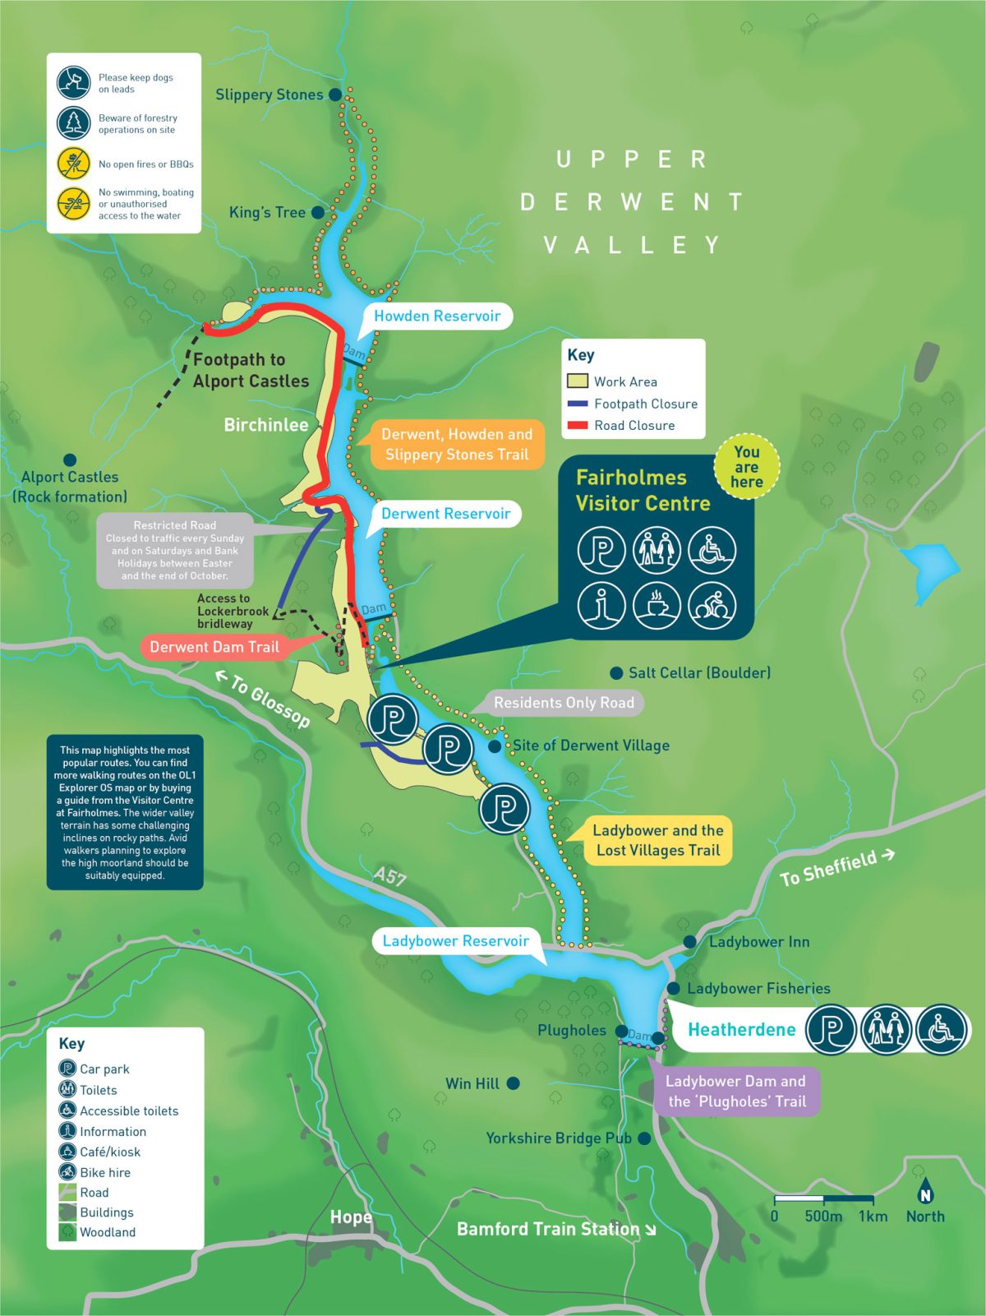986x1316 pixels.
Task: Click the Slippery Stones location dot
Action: click(335, 95)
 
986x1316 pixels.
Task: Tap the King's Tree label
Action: click(267, 212)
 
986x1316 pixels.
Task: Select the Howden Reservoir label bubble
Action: click(436, 316)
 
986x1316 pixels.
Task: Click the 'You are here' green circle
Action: click(746, 467)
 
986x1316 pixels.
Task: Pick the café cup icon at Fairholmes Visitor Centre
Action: click(657, 606)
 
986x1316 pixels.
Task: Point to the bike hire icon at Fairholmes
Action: click(712, 606)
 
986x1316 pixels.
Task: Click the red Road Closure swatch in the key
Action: click(578, 425)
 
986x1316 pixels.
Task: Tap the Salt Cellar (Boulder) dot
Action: click(616, 673)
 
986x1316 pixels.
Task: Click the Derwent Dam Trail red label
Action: click(214, 647)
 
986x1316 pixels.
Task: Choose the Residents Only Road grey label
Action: click(564, 703)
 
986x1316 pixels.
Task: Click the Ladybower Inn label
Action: click(759, 942)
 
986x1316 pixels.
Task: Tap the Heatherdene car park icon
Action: click(831, 1029)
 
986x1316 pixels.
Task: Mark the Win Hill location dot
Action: click(514, 1083)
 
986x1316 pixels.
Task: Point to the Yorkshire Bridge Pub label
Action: click(558, 1138)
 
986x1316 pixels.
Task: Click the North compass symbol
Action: click(925, 1194)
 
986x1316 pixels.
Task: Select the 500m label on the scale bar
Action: click(822, 1217)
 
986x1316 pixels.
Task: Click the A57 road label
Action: click(389, 876)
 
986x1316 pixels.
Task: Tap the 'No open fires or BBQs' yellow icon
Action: click(73, 164)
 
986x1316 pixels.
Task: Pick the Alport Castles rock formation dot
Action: click(70, 459)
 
